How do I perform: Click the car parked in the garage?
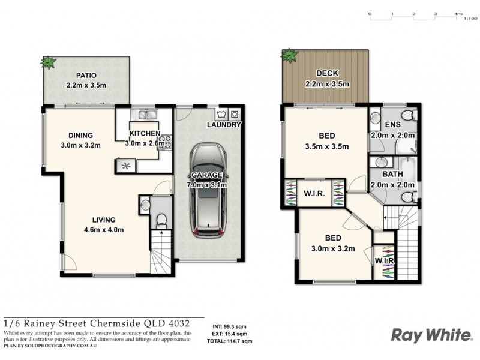coord(207,190)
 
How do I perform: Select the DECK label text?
coord(327,73)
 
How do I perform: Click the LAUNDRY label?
coord(223,125)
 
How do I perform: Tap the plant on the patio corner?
coord(47,62)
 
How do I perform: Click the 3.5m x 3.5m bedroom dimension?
coord(327,146)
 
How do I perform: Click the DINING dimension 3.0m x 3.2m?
coord(80,145)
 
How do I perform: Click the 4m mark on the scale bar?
coord(458,13)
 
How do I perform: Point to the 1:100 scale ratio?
coord(470,19)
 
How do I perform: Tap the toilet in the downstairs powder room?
coord(160,220)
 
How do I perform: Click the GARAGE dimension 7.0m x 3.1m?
coord(206,184)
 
